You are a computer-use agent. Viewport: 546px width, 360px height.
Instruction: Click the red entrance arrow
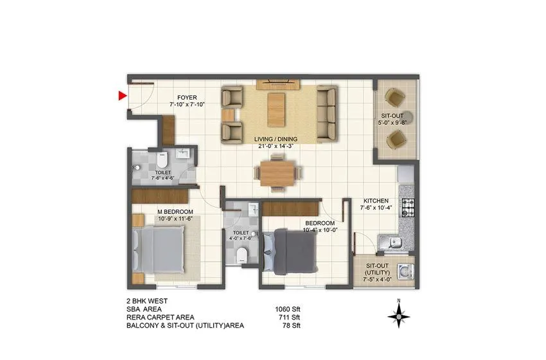click(x=122, y=96)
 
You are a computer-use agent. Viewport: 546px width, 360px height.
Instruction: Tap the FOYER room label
click(x=188, y=98)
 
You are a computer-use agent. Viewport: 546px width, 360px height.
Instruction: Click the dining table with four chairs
click(x=277, y=172)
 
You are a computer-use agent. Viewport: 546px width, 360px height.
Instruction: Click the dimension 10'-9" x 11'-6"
click(x=175, y=219)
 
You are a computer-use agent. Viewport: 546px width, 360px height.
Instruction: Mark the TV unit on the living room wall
click(x=277, y=84)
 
